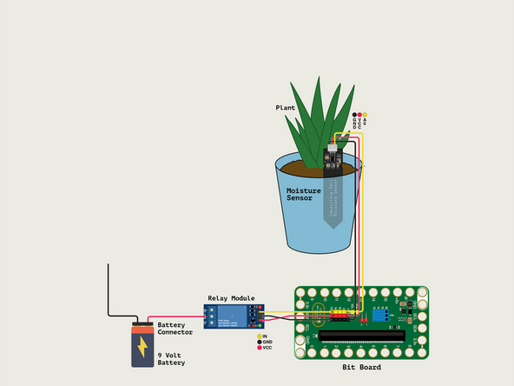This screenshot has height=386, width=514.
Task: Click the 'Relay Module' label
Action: [x=231, y=297]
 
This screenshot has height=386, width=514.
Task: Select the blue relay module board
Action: [x=231, y=315]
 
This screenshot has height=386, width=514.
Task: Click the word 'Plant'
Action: [x=286, y=108]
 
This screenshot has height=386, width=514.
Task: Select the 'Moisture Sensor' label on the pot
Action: [x=304, y=194]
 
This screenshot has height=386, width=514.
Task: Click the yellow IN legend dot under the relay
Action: [x=259, y=336]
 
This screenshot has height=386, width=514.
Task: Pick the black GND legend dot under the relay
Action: [x=259, y=342]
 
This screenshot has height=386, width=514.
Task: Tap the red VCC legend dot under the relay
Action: [x=259, y=348]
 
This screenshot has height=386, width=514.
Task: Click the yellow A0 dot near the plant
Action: [x=365, y=115]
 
